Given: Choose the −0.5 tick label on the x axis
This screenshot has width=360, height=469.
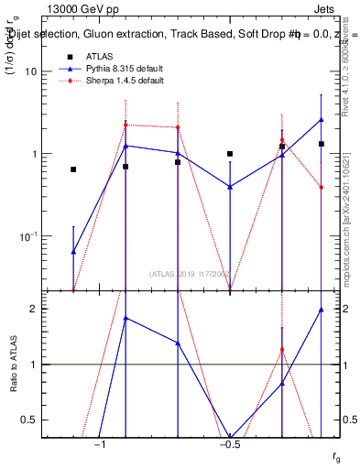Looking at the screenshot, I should (230, 444).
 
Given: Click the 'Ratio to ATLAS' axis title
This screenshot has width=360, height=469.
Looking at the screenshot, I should (12, 365).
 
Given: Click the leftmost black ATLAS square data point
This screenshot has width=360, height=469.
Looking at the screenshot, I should (73, 169).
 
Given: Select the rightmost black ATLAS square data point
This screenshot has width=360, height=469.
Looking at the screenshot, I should (322, 144).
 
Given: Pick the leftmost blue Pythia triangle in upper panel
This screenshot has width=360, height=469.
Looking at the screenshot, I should (73, 251).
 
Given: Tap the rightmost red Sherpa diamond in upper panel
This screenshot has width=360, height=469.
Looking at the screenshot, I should (322, 188).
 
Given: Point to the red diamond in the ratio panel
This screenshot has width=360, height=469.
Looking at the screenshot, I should (282, 349).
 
